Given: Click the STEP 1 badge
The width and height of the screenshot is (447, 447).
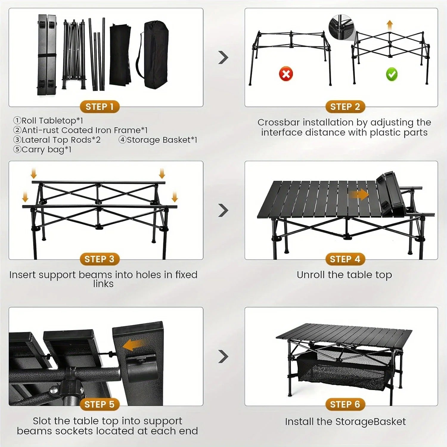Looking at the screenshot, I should click(100, 107).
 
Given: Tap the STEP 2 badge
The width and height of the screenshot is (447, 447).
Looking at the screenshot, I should click(345, 107).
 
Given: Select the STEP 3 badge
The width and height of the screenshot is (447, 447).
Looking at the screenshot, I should click(100, 259).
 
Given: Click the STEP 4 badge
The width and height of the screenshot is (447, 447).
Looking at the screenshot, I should click(345, 259).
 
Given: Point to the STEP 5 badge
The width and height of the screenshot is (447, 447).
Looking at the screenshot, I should click(100, 404).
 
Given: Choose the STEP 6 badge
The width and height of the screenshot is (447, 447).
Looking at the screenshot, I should click(345, 404).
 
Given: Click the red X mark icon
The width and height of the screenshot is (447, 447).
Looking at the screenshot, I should click(286, 74).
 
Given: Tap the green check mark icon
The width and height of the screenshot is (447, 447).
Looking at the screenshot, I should click(392, 74).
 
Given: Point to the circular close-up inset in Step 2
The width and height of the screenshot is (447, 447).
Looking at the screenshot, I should click(340, 27).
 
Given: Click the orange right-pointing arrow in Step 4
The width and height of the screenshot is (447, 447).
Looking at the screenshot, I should click(359, 195).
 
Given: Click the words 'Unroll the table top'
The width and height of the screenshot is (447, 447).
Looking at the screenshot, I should click(344, 275).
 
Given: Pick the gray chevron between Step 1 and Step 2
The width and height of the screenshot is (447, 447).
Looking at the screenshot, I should click(223, 58).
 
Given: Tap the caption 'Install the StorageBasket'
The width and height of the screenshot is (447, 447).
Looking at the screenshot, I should click(345, 422).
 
